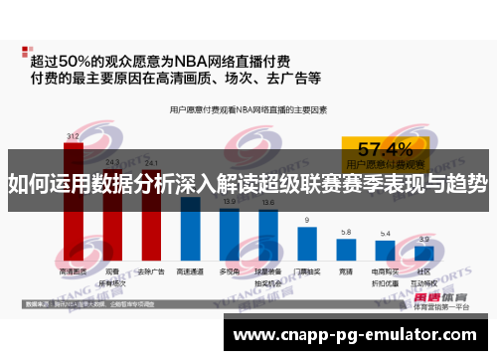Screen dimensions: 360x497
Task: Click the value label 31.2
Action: coord(73,135)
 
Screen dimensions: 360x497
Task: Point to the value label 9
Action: coord(306,219)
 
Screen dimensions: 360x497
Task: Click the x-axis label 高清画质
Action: coord(73,270)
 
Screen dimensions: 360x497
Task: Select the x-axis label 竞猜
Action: coord(345,270)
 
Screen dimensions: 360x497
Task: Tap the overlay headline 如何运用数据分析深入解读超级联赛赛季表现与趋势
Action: coord(248,183)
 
